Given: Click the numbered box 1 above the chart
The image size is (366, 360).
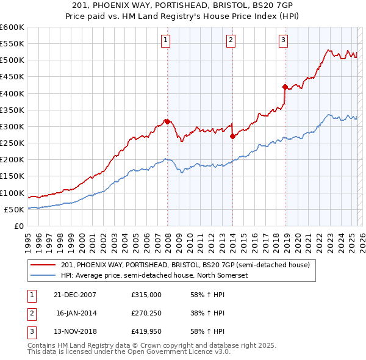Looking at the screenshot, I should click(x=165, y=41).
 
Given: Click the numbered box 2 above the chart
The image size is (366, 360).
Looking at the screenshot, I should click(x=231, y=41).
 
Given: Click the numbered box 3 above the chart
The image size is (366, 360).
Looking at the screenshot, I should click(x=284, y=41).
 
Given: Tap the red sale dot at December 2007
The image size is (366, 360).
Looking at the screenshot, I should click(x=167, y=121).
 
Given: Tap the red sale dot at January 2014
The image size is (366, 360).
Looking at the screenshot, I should click(x=232, y=136).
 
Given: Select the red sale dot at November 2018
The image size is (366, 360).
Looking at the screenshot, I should click(x=285, y=87).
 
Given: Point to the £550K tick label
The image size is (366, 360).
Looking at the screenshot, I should click(x=12, y=43).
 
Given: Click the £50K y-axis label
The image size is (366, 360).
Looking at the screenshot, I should click(x=14, y=209).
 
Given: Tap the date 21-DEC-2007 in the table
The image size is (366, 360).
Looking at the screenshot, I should click(x=75, y=294).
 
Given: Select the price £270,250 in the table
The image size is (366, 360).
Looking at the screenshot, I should click(x=146, y=313).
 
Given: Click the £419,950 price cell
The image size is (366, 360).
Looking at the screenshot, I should click(x=146, y=332).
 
